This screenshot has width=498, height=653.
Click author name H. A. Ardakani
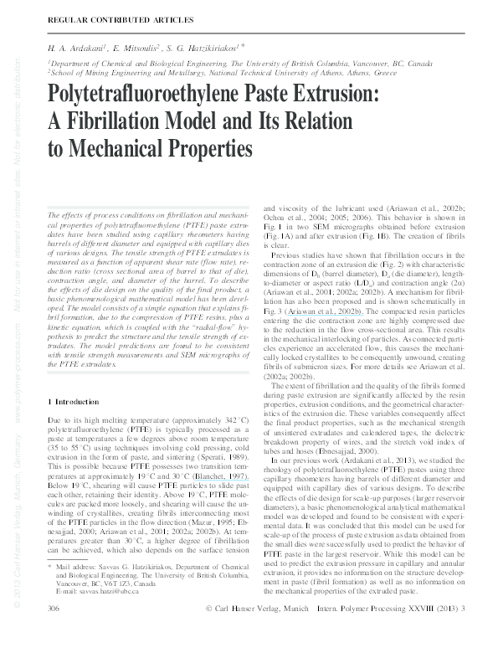(74, 49)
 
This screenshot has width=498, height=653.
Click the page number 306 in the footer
(56, 630)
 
